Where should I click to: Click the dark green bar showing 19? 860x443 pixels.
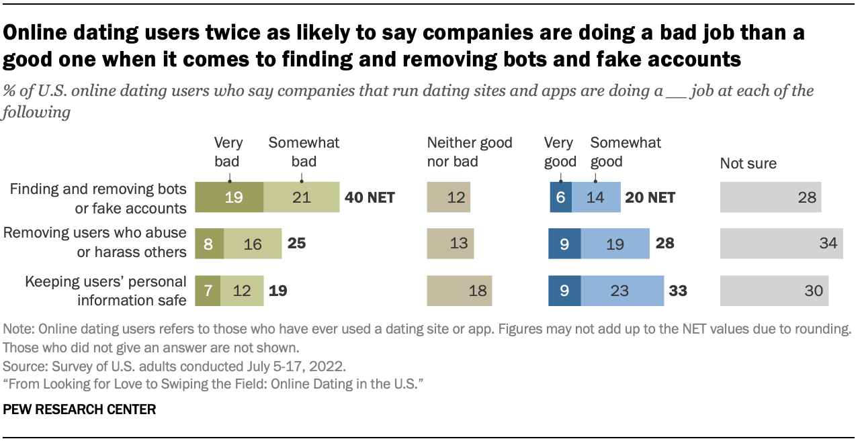[228, 197]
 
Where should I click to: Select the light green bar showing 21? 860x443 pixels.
[301, 197]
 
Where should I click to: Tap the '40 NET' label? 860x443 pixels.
[370, 197]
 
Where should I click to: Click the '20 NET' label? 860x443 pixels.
[649, 197]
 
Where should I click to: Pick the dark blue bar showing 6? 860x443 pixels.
[560, 197]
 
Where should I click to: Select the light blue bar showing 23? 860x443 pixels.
[622, 291]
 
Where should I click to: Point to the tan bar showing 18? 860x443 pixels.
[460, 291]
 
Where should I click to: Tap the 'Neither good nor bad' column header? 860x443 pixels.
[470, 152]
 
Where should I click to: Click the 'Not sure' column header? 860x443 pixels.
[748, 163]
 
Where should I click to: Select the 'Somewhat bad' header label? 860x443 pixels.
[304, 152]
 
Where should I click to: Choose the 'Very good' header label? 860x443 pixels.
[560, 152]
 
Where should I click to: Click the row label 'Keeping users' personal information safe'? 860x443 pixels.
[105, 291]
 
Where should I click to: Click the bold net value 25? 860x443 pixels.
[296, 244]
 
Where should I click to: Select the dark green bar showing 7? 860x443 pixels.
[208, 291]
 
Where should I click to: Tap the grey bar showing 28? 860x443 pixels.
[771, 197]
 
